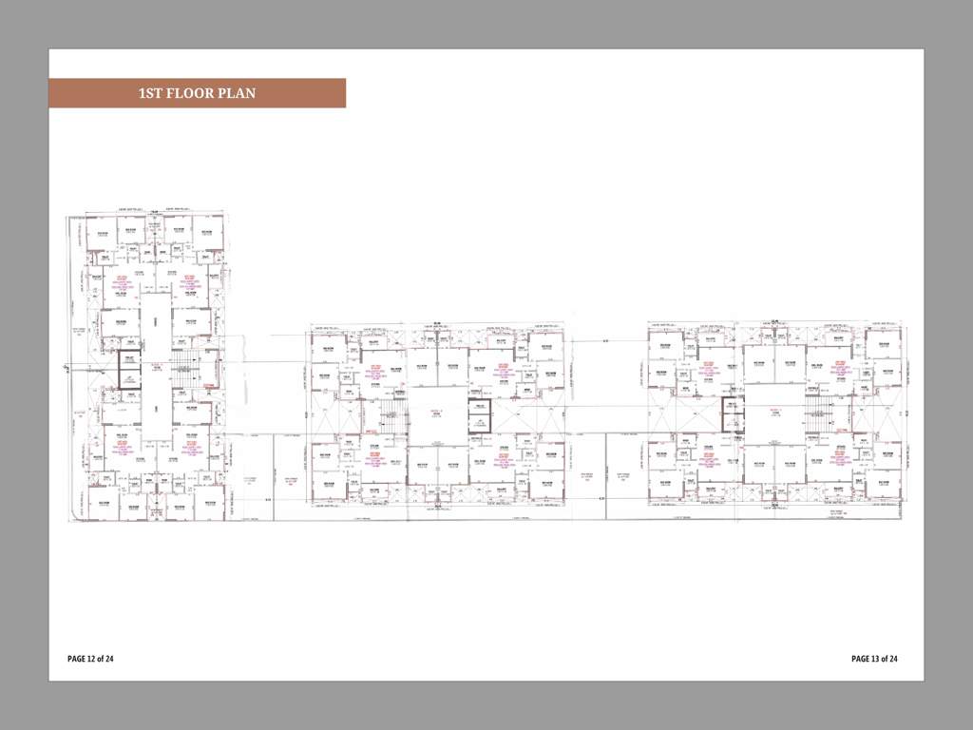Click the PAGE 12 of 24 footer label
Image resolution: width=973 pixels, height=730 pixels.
(90, 659)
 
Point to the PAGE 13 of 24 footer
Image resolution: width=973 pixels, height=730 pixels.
(874, 659)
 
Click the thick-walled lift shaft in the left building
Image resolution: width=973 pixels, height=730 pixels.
(128, 367)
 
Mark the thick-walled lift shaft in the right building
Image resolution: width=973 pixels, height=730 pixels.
(731, 414)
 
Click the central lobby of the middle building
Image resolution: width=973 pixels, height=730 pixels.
(437, 414)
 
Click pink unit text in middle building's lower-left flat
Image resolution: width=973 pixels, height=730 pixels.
(375, 458)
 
